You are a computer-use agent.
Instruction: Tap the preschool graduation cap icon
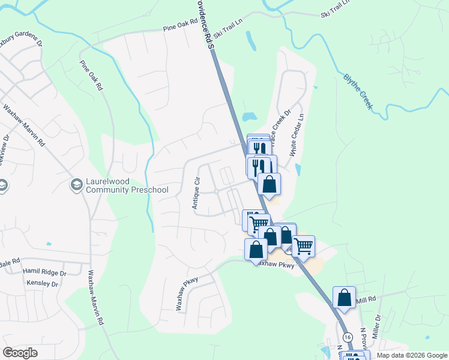point(76,182)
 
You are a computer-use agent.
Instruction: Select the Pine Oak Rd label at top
point(181,26)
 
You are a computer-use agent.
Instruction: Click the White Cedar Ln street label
point(297,134)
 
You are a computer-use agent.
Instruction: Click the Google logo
point(20,353)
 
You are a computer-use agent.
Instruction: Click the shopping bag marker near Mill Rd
point(344,297)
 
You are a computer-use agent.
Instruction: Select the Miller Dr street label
point(377,326)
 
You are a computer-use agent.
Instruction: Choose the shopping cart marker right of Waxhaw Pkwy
point(303,245)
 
